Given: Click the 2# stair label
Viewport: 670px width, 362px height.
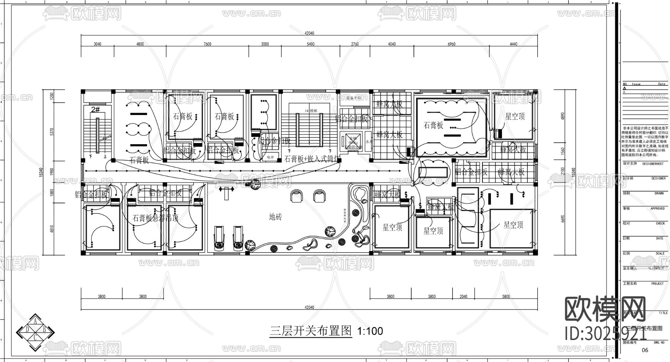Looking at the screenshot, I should click(95, 109).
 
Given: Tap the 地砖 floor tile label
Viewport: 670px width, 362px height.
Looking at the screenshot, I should click(275, 217).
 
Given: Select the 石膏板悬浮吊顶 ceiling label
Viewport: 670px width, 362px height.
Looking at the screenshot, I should click(156, 218).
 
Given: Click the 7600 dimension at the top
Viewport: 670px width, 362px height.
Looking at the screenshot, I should click(207, 44).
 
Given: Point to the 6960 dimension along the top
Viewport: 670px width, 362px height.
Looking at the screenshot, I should click(451, 44).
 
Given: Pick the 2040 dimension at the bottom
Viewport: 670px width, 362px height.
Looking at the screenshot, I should click(463, 296).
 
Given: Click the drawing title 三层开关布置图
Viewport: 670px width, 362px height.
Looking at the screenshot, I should click(311, 331).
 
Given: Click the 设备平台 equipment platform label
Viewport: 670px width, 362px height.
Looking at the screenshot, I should click(354, 98).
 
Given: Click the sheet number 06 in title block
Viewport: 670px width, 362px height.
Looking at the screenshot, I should click(645, 350).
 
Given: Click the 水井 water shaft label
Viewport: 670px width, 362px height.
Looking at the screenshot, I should click(369, 142).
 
